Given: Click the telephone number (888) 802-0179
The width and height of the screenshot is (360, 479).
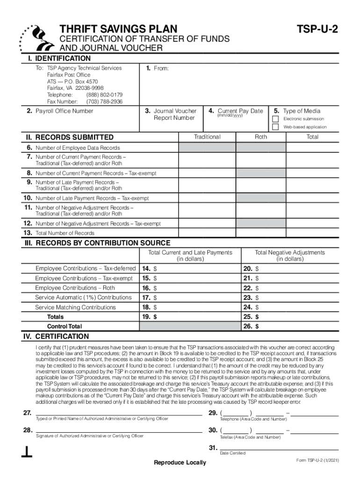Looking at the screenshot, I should click(x=104, y=94).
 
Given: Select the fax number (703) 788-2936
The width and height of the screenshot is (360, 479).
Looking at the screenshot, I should click(x=104, y=101).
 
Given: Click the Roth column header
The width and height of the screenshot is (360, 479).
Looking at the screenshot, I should click(x=261, y=137).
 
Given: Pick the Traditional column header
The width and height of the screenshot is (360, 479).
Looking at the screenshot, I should click(x=207, y=137).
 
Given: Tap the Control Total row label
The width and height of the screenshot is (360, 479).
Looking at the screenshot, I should click(x=65, y=327).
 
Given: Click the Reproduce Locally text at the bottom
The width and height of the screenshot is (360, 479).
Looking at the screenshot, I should click(x=180, y=463).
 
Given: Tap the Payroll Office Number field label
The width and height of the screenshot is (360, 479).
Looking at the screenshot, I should click(x=64, y=111).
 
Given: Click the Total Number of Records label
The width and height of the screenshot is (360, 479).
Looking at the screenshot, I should click(x=65, y=233).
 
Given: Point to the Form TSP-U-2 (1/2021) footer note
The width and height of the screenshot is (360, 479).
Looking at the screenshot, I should click(x=317, y=461).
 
